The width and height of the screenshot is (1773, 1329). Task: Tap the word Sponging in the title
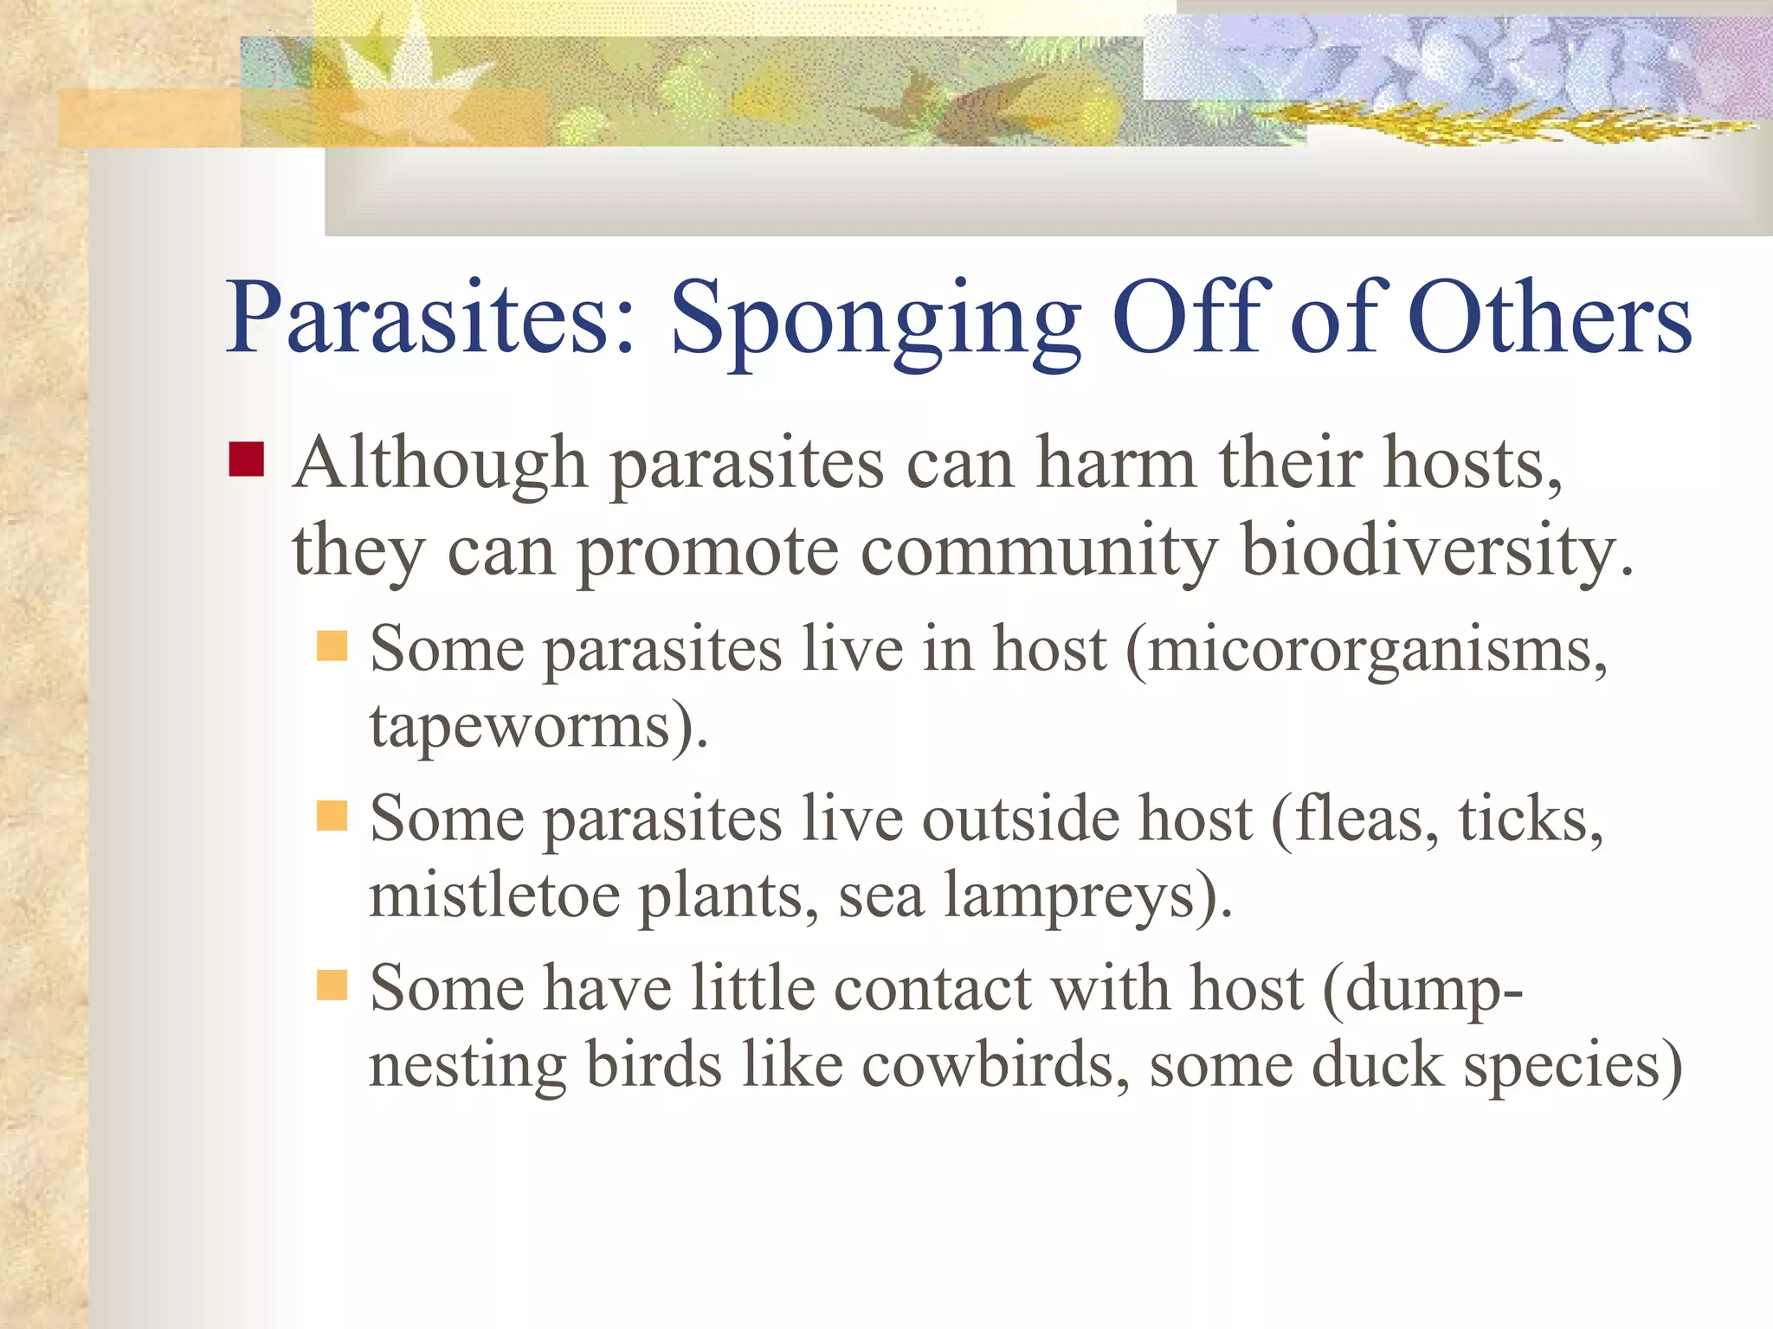click(x=875, y=320)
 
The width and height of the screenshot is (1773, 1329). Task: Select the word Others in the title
click(x=1550, y=318)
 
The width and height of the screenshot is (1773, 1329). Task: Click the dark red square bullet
click(x=246, y=460)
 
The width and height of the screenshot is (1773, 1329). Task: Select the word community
click(x=1039, y=552)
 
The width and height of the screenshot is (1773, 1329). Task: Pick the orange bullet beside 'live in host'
click(x=332, y=645)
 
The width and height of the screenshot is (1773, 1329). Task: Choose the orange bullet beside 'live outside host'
click(x=332, y=815)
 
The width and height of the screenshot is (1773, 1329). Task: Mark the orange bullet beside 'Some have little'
click(x=332, y=985)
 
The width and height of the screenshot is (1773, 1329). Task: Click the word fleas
click(x=1364, y=819)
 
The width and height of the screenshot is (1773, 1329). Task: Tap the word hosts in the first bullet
click(x=1472, y=464)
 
